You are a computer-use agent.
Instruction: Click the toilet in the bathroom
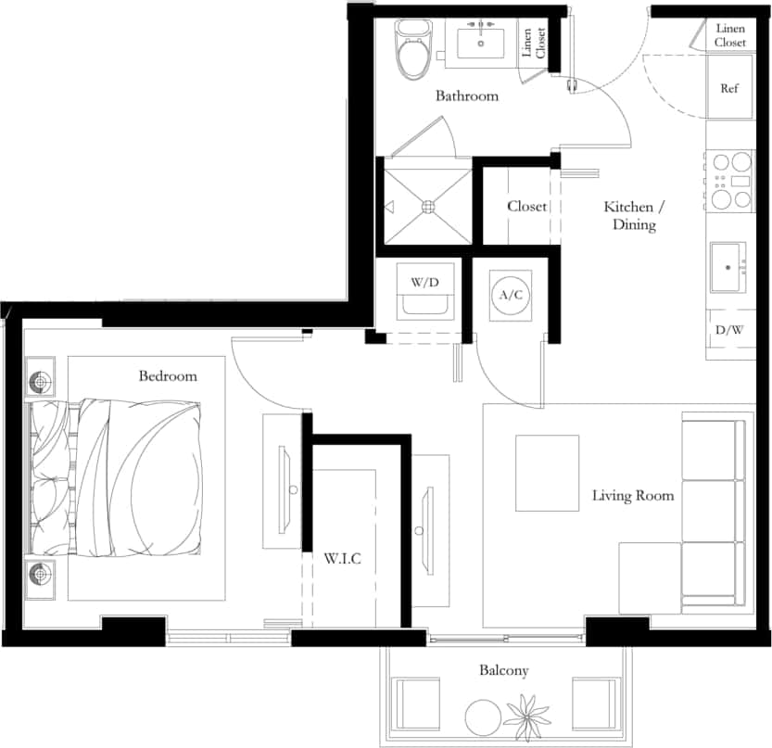click(x=408, y=51)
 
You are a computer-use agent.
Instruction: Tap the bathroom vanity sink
click(x=481, y=43)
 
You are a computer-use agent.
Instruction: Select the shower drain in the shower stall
click(x=429, y=207)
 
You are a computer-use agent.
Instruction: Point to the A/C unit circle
click(x=506, y=295)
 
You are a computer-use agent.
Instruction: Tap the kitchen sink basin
click(x=728, y=268)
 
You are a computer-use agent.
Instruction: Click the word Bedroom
click(x=168, y=376)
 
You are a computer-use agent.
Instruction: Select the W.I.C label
click(x=342, y=559)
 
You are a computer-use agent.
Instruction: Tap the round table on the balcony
click(x=482, y=716)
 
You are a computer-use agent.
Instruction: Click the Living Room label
click(x=632, y=496)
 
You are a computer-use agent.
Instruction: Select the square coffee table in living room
click(x=547, y=473)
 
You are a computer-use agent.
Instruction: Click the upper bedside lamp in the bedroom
click(x=42, y=382)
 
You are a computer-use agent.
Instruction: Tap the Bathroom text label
click(x=467, y=95)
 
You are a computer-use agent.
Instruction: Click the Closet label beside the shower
click(x=526, y=206)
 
